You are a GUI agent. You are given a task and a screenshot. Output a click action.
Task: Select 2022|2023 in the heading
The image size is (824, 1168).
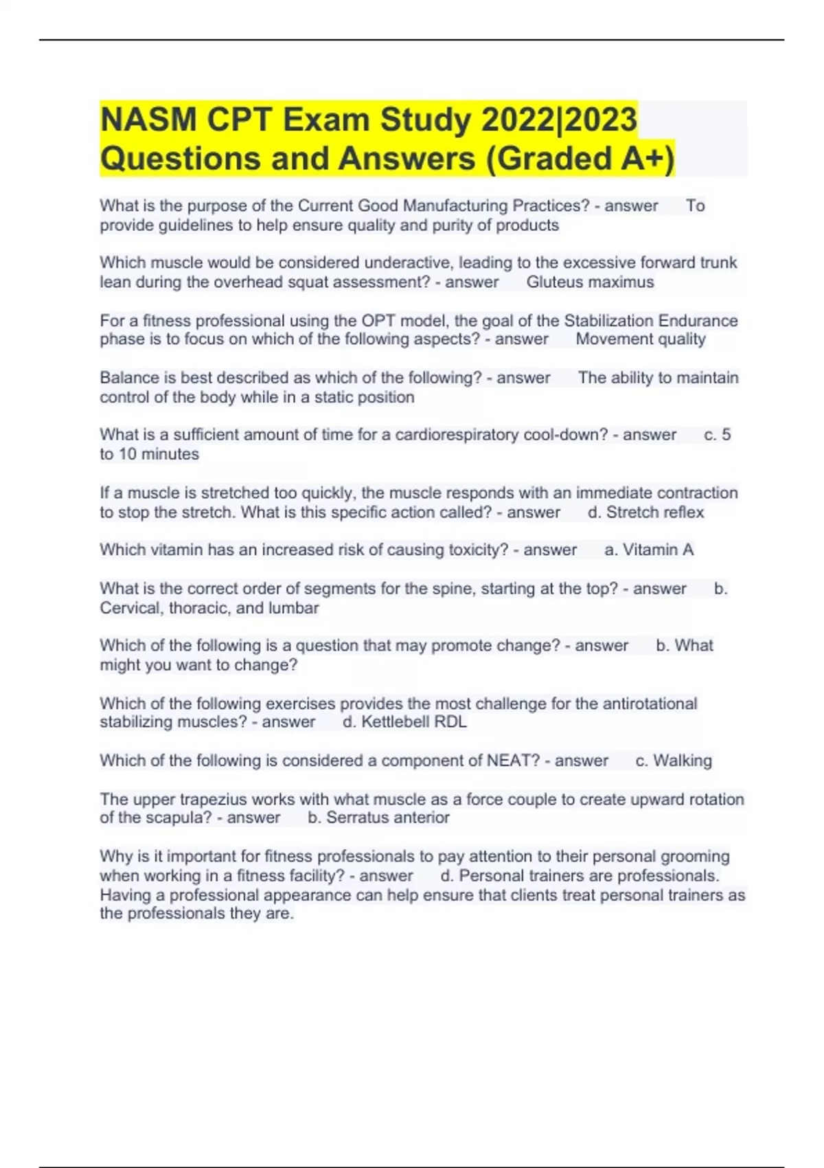point(559,120)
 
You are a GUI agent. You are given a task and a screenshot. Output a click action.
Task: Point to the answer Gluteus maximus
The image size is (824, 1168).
point(590,282)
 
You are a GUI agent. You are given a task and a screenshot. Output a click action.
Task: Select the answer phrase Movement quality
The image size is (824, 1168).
point(641,339)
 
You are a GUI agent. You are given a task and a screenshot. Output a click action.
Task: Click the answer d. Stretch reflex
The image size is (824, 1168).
point(645,513)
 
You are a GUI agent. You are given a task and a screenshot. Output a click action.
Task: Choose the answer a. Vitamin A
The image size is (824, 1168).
point(649,550)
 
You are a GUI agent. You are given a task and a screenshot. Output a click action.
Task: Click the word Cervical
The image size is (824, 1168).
point(130,608)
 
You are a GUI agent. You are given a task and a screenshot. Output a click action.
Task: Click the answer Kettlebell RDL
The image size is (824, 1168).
point(413,722)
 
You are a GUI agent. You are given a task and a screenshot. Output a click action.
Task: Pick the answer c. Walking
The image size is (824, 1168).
point(674,761)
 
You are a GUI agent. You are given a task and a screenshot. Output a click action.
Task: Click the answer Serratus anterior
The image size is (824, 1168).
point(387,818)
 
